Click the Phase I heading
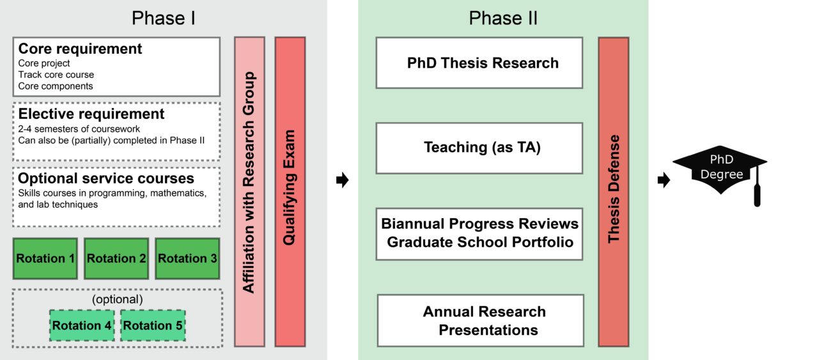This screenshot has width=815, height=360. [163, 18]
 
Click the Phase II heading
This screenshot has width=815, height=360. [503, 18]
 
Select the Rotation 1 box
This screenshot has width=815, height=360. [45, 258]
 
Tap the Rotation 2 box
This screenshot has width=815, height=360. [116, 258]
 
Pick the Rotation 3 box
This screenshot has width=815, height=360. [187, 258]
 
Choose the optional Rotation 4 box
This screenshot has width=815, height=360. [82, 325]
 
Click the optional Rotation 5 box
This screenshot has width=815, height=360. [153, 325]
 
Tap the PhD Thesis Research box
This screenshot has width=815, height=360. [479, 63]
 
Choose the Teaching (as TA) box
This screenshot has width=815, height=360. [479, 148]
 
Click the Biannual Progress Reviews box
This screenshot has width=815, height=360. [479, 233]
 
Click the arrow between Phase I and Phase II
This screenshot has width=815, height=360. [342, 181]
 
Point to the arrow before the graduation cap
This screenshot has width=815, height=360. [664, 181]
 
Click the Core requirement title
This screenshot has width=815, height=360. [80, 49]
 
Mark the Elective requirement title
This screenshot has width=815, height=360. [91, 114]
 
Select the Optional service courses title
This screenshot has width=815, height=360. [106, 178]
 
